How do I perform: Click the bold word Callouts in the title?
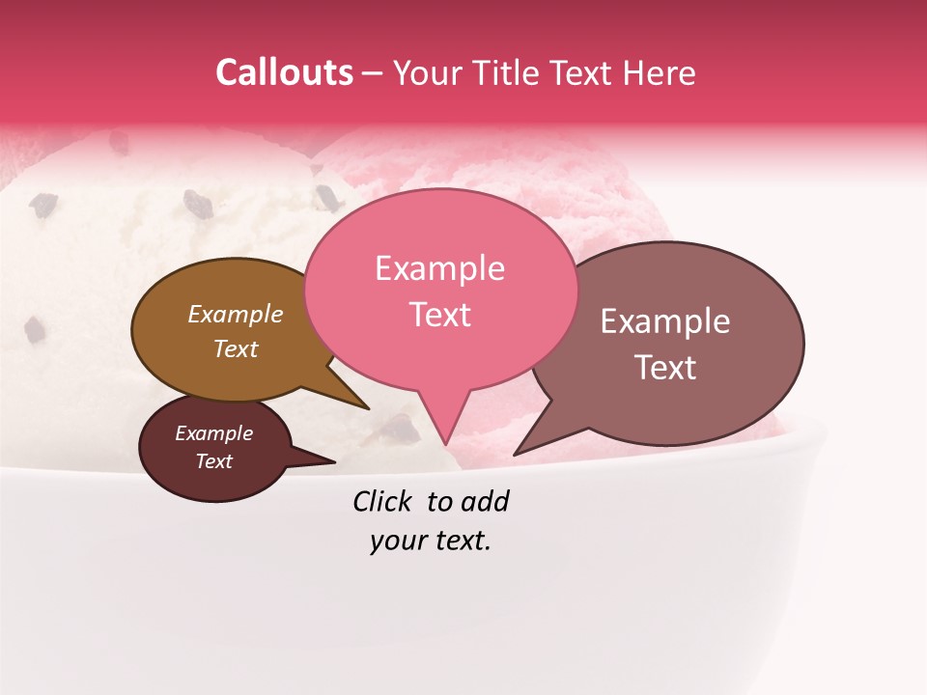[284, 72]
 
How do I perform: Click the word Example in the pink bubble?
[439, 268]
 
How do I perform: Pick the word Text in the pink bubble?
[439, 315]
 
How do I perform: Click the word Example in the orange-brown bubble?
[235, 314]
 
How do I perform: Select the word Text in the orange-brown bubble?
[235, 348]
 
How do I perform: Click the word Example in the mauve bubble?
[665, 321]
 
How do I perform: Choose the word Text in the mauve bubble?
[665, 368]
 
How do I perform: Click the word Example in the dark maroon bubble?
[213, 433]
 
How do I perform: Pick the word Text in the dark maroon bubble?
[213, 461]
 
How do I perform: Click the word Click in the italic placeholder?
[383, 501]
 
